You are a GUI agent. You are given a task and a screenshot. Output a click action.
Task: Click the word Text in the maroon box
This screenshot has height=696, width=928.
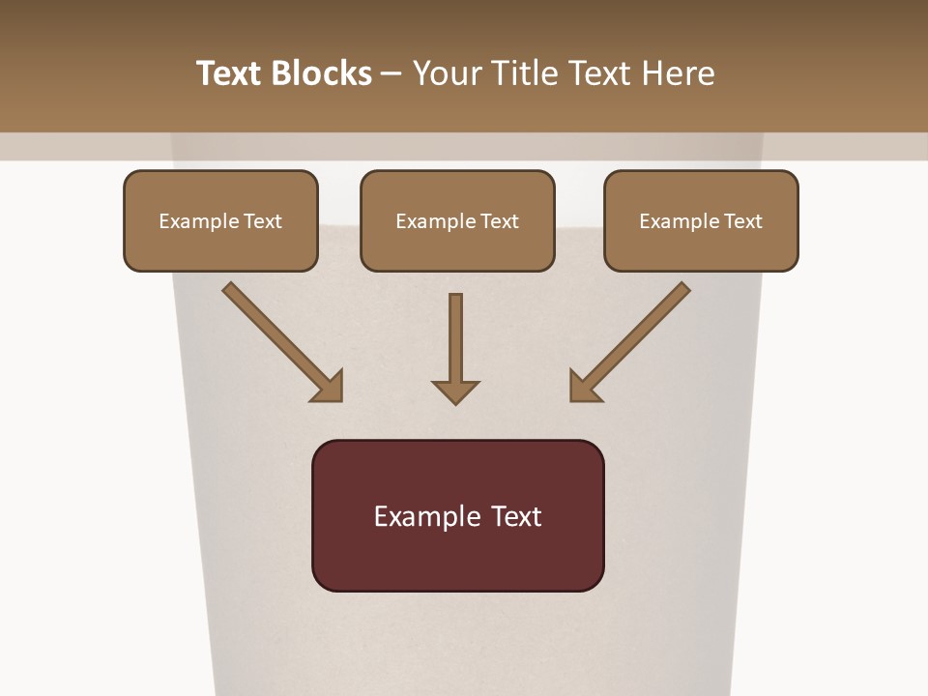click(x=516, y=516)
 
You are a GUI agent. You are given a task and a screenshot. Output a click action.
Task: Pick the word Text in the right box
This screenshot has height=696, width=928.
click(x=742, y=221)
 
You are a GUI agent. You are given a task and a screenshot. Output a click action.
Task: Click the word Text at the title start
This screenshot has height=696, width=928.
click(x=229, y=73)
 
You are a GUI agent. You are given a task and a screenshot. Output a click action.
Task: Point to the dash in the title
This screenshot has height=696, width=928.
click(x=391, y=74)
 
